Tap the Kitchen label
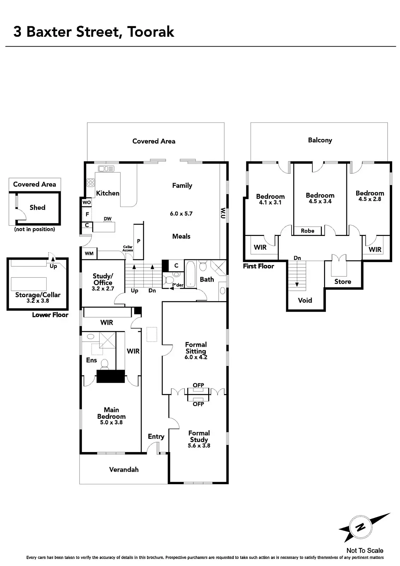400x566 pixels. [x=108, y=193]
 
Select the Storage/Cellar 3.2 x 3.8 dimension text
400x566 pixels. [x=37, y=301]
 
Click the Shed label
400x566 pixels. [x=37, y=208]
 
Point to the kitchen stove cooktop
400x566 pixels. [x=91, y=183]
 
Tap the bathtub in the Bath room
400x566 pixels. [x=190, y=274]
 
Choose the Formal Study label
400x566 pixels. [x=199, y=436]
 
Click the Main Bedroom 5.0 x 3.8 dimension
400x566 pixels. [x=111, y=422]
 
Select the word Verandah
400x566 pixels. [x=124, y=470]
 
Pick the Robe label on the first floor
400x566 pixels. [x=307, y=231]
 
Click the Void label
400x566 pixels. [x=305, y=300]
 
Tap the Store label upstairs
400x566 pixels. [x=343, y=282]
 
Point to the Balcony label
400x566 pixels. [x=320, y=140]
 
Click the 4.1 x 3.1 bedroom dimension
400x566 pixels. [x=270, y=203]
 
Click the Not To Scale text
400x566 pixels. [x=365, y=550]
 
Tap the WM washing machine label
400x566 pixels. [x=89, y=253]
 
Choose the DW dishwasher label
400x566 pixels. [x=107, y=219]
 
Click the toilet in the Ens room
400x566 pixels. [x=105, y=363]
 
